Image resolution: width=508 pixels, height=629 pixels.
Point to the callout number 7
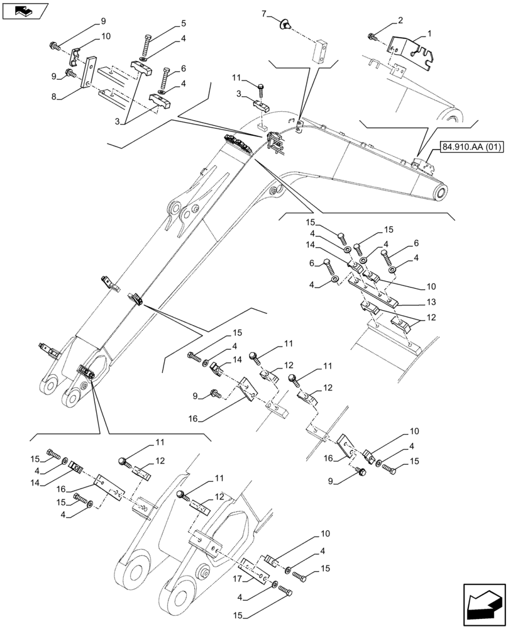(265, 13)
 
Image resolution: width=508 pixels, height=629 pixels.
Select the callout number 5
(184, 24)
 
